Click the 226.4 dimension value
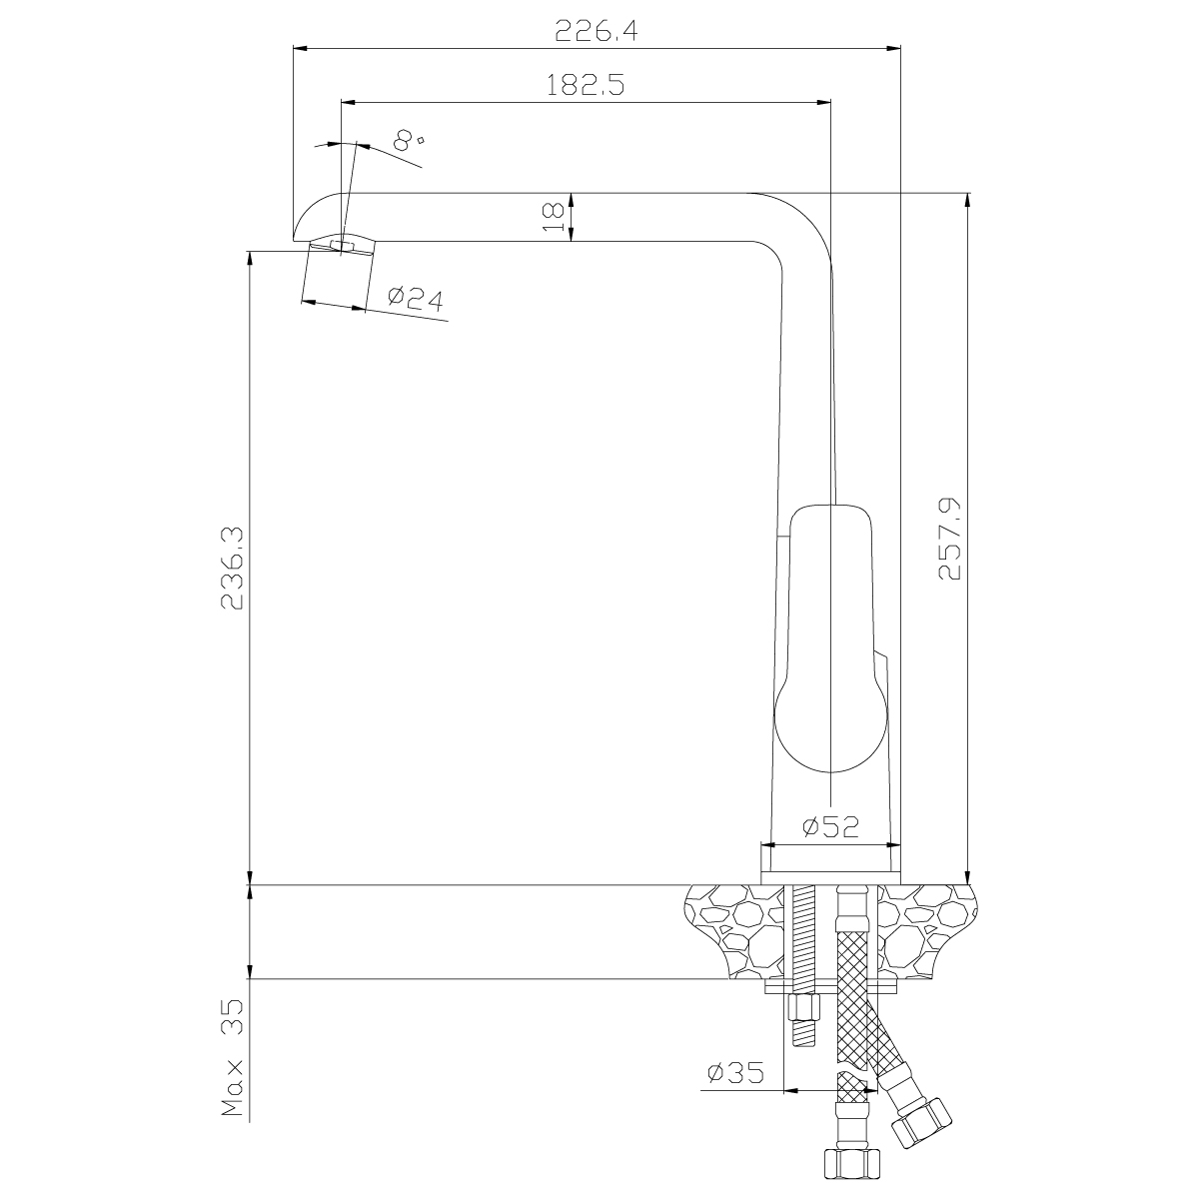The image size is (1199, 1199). click(597, 30)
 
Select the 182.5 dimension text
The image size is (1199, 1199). click(586, 85)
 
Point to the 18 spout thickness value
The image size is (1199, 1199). click(554, 217)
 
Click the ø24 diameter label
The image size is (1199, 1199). click(415, 299)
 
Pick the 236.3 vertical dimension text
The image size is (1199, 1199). click(233, 569)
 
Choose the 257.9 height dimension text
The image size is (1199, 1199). click(950, 539)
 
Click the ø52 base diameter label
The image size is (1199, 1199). click(830, 826)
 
